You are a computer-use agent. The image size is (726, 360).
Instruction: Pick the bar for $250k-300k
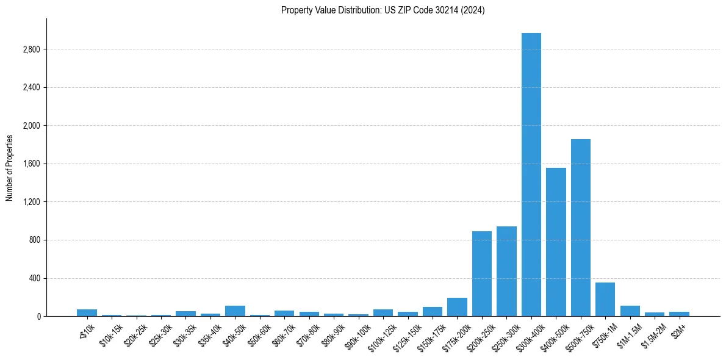coord(506,272)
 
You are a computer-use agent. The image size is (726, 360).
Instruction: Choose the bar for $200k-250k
coord(482,274)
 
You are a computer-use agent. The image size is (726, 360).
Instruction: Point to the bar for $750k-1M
coord(605,300)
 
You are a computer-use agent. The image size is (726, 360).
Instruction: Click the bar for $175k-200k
coord(457,307)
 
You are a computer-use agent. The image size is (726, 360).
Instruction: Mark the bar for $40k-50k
coord(235,311)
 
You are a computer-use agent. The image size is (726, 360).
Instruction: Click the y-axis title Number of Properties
coord(10,167)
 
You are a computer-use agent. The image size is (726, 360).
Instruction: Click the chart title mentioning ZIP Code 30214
coord(383,10)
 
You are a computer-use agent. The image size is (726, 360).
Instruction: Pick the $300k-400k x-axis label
coord(527,335)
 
